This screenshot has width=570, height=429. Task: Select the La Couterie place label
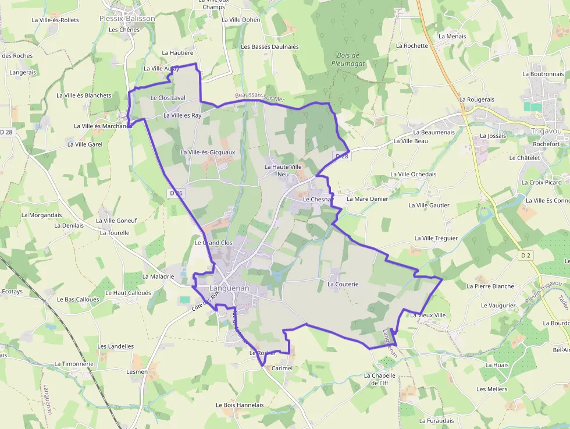click(x=343, y=284)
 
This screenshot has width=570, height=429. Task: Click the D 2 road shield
click(x=526, y=255)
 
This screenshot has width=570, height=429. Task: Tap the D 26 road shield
click(x=176, y=193)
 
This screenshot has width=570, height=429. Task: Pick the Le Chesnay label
click(x=318, y=199)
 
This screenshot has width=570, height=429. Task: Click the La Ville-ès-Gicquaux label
click(x=208, y=153)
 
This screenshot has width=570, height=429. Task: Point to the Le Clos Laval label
click(x=168, y=98)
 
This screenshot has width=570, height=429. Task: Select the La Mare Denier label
click(x=367, y=198)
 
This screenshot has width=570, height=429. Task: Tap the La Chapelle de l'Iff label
click(x=380, y=379)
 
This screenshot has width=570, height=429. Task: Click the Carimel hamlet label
click(x=280, y=368)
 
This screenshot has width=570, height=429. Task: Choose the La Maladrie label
click(x=158, y=276)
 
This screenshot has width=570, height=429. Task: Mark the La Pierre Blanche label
click(x=490, y=286)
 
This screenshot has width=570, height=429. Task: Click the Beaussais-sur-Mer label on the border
click(x=260, y=97)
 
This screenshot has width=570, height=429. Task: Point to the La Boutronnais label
click(x=543, y=74)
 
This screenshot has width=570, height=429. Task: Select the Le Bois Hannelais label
click(x=240, y=405)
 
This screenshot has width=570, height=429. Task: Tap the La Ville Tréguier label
click(x=436, y=238)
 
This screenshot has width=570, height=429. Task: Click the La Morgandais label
click(x=41, y=215)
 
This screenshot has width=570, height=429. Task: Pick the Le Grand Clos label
click(x=213, y=242)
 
